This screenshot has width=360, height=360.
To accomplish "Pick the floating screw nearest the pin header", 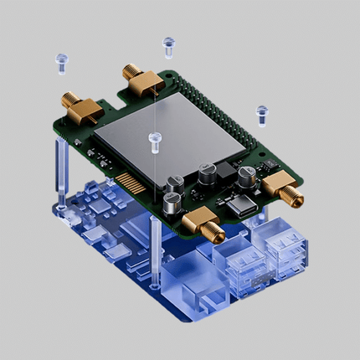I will pyautogui.click(x=262, y=111).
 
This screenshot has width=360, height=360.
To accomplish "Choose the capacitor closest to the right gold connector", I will pyautogui.click(x=247, y=177).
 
